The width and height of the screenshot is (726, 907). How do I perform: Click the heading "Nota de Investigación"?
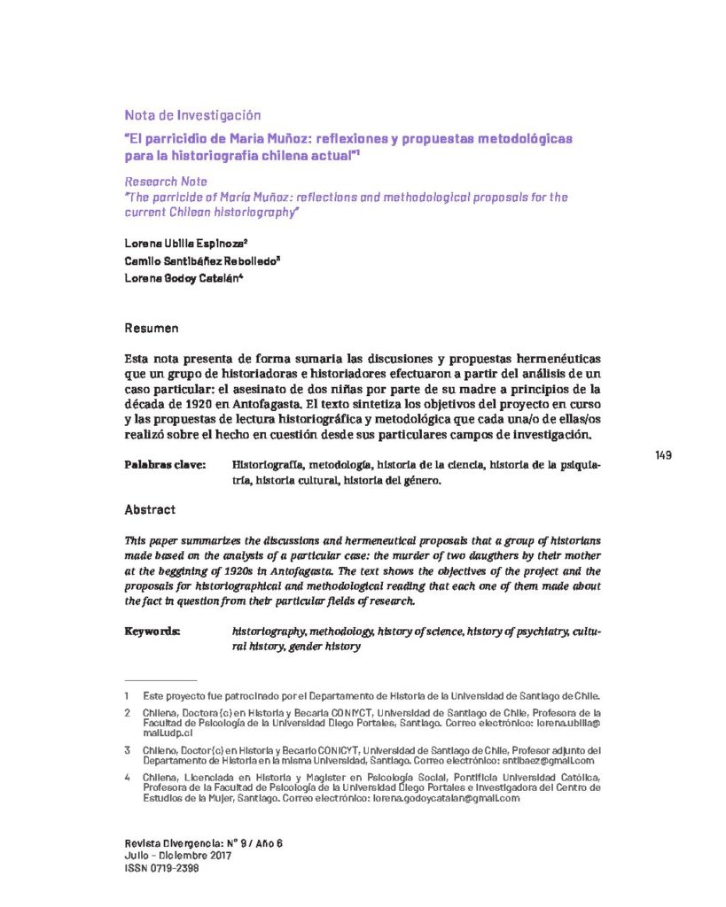click(192, 115)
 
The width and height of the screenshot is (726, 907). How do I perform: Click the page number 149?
click(663, 455)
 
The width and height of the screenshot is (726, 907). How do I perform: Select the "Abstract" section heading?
click(150, 510)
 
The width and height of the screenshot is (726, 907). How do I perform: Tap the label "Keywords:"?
click(152, 632)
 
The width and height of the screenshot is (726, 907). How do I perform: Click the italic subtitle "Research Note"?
click(165, 182)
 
